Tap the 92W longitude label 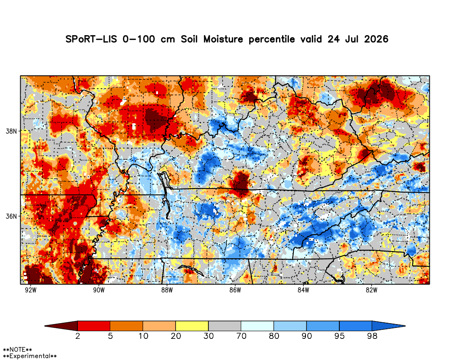tap(31, 290)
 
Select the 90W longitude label tap(99, 290)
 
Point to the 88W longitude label tap(167, 290)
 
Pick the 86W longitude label tap(235, 290)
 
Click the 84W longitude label tap(303, 290)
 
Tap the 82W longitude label tap(371, 290)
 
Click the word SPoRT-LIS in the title tap(91, 39)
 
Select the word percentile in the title tap(271, 39)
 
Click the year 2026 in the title tap(376, 39)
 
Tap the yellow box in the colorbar tap(192, 326)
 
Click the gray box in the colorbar tap(225, 326)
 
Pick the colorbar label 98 tap(372, 336)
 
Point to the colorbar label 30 tap(208, 336)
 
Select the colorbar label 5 tap(110, 336)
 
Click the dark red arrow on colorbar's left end tap(61, 326)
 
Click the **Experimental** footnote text tap(30, 356)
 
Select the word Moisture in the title tap(223, 39)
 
